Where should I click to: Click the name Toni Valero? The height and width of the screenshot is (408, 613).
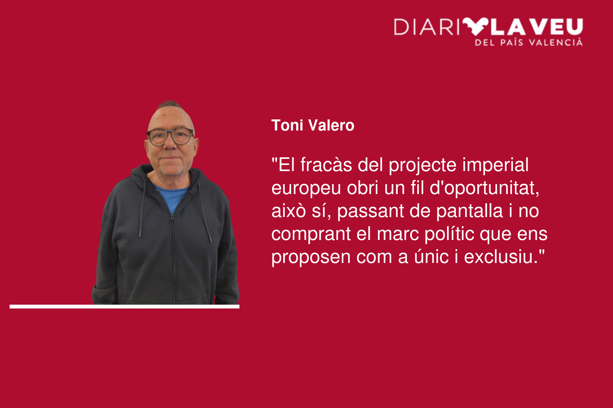click(313, 126)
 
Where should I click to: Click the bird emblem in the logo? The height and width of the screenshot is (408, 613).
click(475, 26)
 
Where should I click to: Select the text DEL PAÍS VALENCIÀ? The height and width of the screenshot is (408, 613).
click(529, 42)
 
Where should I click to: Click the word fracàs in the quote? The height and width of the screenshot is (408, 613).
click(326, 165)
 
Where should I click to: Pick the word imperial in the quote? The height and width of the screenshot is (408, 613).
click(495, 165)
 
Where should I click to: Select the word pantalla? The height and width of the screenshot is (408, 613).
click(469, 211)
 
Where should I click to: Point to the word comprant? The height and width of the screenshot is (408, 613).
click(311, 235)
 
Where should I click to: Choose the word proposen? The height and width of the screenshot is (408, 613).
click(311, 258)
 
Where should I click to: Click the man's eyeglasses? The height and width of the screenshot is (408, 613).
click(170, 137)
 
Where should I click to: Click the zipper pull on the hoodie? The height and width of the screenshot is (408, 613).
click(172, 218)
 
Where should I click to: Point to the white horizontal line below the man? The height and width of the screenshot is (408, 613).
click(125, 307)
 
